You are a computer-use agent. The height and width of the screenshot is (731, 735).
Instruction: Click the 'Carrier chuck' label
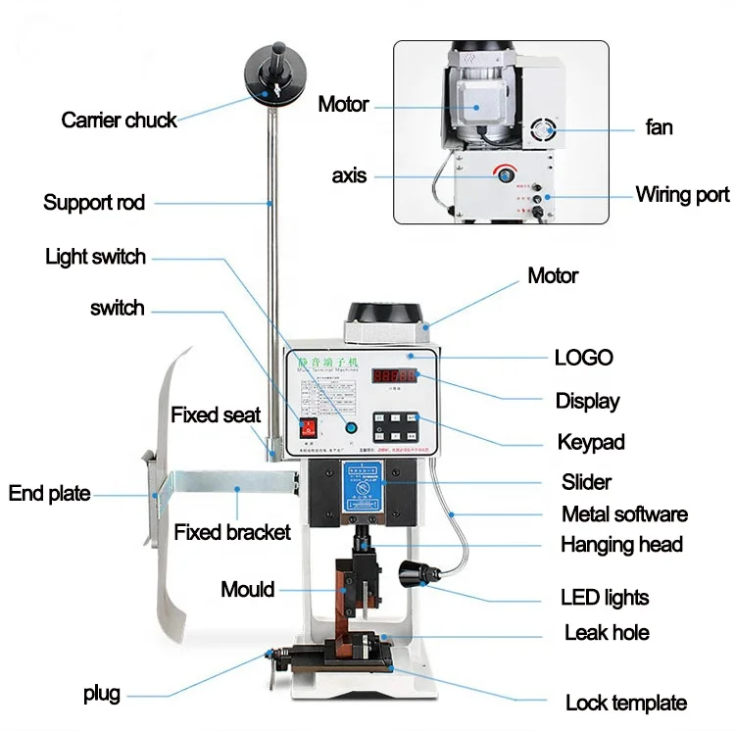(119, 121)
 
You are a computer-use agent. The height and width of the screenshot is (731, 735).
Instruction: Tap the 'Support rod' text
(94, 203)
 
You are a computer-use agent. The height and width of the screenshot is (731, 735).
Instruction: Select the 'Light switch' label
(95, 257)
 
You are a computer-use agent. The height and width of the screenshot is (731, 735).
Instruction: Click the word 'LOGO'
(583, 357)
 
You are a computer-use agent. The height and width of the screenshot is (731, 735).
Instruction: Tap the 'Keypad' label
(591, 442)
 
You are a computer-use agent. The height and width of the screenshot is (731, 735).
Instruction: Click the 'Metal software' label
(624, 513)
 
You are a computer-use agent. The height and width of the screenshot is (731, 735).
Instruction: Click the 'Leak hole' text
(607, 633)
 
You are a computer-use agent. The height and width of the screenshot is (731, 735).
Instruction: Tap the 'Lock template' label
(625, 703)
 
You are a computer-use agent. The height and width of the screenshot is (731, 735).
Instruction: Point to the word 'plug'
(102, 694)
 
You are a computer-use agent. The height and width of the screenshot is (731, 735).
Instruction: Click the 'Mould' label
(247, 589)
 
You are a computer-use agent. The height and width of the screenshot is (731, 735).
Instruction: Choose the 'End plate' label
(49, 493)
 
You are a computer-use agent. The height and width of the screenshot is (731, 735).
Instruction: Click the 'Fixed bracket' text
(232, 532)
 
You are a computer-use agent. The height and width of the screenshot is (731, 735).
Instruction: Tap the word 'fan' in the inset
(659, 126)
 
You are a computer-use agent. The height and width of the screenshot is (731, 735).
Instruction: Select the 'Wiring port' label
(682, 194)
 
